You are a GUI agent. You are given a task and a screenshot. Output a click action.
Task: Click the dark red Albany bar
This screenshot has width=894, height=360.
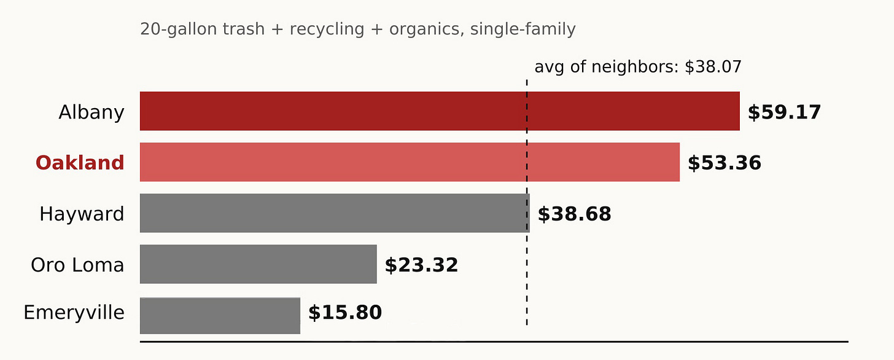coord(439,111)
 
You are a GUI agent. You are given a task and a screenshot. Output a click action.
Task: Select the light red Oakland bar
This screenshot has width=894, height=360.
coord(410,162)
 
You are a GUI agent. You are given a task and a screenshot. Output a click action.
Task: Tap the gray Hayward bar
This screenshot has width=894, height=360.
coord(334,213)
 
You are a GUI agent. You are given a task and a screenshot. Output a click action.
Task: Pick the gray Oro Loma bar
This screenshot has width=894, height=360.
coord(258,264)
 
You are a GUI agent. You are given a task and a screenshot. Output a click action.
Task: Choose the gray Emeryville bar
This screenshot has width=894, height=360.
coord(220,315)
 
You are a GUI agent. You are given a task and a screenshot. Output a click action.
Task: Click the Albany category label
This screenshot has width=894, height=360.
coord(91,112)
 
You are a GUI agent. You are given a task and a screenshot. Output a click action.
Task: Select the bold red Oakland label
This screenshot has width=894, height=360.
coord(80,163)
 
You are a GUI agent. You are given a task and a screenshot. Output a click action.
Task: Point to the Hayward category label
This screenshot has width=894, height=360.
coord(82,214)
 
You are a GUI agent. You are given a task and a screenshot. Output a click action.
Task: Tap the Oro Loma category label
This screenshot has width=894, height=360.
coord(77,265)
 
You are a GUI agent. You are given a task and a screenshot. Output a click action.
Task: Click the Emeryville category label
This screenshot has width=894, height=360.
coord(74,313)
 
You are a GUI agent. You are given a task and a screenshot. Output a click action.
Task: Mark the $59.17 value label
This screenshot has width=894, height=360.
coord(784,112)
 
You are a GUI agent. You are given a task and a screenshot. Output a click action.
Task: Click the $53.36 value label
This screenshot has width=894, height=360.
coord(724,163)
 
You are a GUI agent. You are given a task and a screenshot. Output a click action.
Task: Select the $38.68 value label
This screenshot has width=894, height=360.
coord(574,214)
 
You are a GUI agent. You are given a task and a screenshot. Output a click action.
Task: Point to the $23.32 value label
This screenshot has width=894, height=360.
coord(421,265)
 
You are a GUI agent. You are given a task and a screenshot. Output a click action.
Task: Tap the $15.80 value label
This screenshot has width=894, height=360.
coord(344,313)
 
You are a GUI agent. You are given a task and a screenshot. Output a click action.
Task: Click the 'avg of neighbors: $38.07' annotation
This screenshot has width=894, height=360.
coord(638,67)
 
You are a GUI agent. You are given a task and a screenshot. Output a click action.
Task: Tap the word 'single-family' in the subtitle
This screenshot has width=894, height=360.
coord(523,29)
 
